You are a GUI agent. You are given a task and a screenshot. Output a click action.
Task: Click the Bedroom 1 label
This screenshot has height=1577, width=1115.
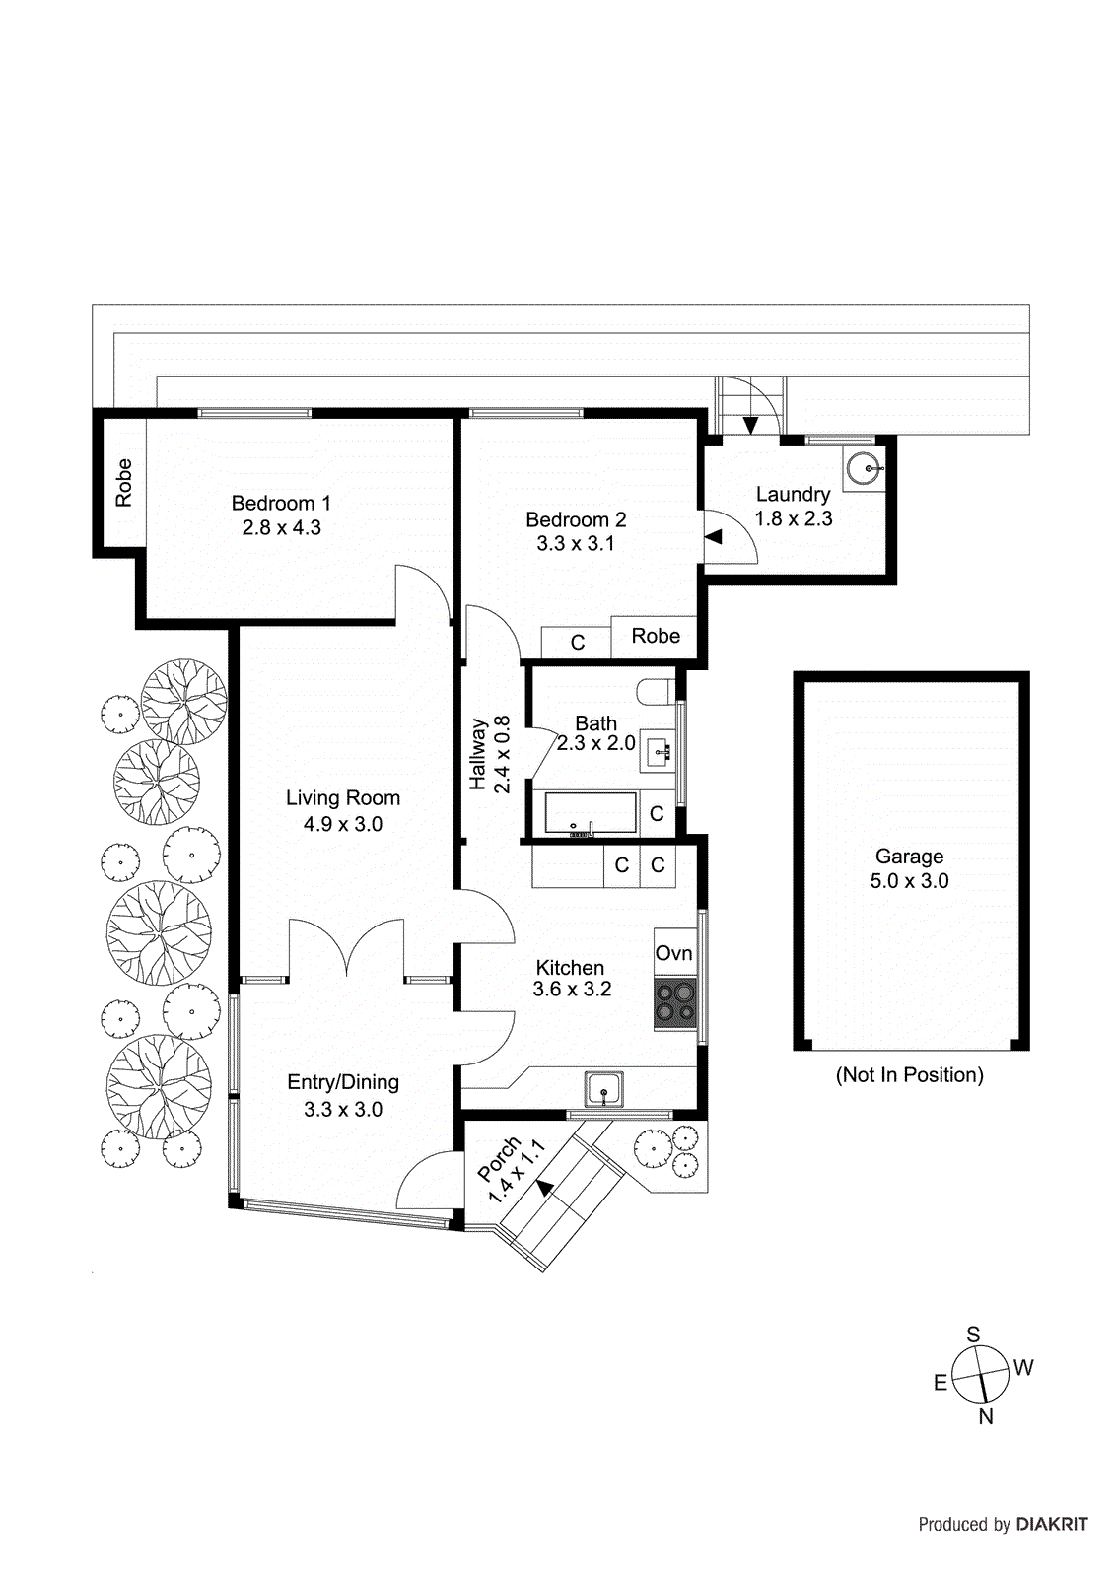(x=281, y=503)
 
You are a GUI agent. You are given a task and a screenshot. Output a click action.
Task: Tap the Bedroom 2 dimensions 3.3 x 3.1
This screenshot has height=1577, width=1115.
(x=576, y=543)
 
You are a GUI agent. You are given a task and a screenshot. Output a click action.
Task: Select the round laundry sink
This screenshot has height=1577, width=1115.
(x=864, y=467)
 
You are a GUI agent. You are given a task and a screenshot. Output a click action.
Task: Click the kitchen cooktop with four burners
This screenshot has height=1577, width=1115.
(x=675, y=1002)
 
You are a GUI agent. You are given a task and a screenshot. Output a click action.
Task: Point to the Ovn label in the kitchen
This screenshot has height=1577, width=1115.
(x=674, y=953)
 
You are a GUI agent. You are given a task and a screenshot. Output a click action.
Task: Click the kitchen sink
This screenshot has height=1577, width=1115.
(x=603, y=1090)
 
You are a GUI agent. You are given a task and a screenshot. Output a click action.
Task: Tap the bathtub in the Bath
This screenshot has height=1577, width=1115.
(x=590, y=814)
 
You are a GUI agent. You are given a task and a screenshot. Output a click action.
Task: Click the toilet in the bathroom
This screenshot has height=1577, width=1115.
(x=655, y=691)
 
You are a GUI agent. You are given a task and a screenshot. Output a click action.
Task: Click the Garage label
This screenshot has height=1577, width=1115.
(x=909, y=857)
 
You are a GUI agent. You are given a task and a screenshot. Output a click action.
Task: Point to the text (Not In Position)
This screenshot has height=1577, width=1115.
(x=909, y=1074)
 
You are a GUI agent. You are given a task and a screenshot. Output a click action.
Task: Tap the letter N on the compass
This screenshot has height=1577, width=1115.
(x=985, y=1416)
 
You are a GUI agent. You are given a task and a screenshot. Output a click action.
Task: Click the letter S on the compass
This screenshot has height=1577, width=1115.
(x=973, y=1335)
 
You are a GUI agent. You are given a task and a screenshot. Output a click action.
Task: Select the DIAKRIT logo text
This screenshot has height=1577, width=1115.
(x=1052, y=1524)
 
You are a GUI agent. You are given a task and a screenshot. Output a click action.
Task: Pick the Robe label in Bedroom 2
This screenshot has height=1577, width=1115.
(x=656, y=636)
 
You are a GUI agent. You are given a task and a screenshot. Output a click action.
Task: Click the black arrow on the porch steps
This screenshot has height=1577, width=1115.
(x=544, y=1187)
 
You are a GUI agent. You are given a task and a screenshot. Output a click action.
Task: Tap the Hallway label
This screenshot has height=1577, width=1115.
(x=478, y=754)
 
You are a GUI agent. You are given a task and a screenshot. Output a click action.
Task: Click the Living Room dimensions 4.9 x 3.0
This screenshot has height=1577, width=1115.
(x=343, y=824)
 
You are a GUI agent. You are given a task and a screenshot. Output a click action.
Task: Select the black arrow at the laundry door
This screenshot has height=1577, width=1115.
(x=714, y=536)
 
